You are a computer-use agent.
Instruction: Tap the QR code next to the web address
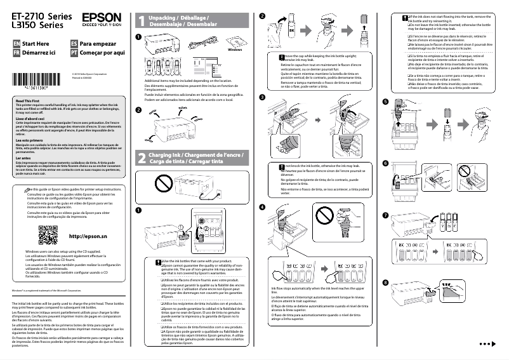pos(48,236)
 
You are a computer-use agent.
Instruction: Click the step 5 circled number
pos(385,102)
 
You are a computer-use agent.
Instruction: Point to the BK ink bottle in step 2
pos(291,29)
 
